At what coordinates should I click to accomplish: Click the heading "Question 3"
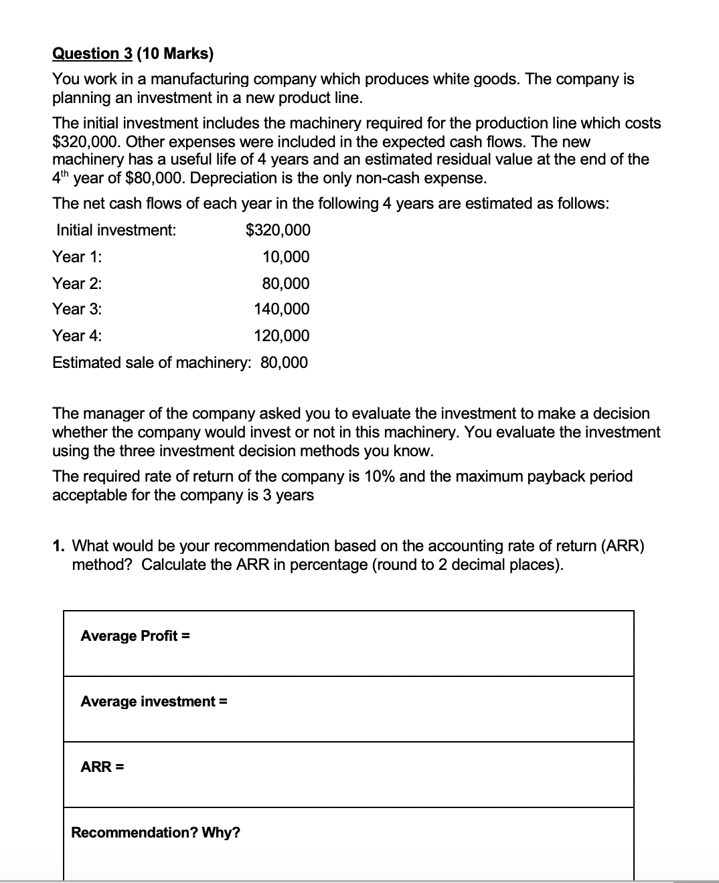point(94,54)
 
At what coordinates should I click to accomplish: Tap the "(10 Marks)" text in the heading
point(175,54)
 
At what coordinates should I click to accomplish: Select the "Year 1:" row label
point(78,257)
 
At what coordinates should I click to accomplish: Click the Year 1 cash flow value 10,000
point(286,257)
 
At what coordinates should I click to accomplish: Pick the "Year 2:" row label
point(78,284)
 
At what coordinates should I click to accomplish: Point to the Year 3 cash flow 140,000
point(282,309)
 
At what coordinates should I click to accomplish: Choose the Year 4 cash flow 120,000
point(282,336)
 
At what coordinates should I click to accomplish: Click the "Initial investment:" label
point(116,231)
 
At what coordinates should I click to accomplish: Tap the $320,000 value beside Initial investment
point(278,231)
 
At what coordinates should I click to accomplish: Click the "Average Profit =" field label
point(135,636)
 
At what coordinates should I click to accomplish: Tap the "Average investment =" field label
point(154,702)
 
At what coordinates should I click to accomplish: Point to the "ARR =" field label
point(102,767)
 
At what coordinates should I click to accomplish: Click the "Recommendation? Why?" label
point(155,833)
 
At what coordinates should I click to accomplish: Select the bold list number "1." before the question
point(59,546)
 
